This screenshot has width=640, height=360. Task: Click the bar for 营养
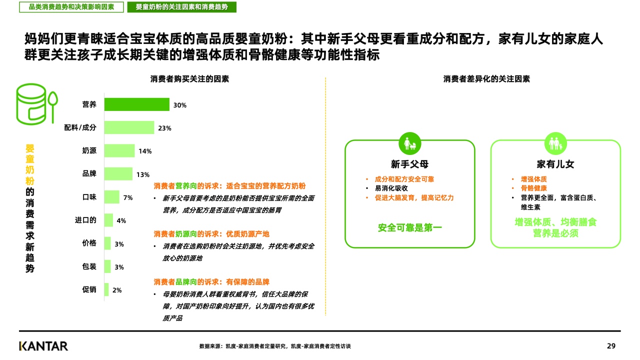[136, 104]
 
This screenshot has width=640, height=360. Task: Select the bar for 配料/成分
[129, 127]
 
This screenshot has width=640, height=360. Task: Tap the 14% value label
[145, 151]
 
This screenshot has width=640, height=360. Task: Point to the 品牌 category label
[89, 174]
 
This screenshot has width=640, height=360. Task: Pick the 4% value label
[121, 220]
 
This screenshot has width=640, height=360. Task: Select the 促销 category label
[89, 289]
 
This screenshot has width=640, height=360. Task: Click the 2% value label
[117, 290]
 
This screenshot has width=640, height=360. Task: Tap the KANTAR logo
[43, 346]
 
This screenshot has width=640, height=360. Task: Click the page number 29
[611, 346]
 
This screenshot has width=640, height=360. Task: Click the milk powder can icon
[36, 104]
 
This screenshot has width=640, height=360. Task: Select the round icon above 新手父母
[409, 144]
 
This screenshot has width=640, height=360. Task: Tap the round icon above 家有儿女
[555, 144]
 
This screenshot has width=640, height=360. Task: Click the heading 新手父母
[409, 164]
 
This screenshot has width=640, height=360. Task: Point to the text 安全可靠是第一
[409, 228]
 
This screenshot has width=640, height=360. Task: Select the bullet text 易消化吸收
[391, 188]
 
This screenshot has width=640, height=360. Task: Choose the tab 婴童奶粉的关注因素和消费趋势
[182, 7]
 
